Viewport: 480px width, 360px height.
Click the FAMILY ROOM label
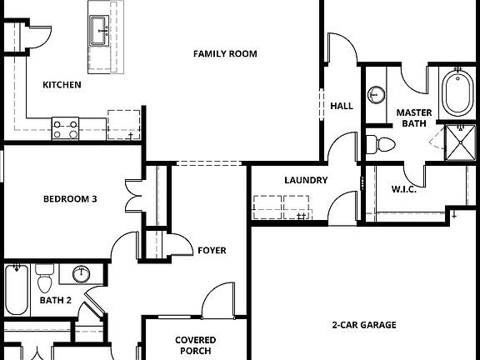[x=225, y=54]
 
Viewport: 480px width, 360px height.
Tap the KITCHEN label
[x=62, y=84]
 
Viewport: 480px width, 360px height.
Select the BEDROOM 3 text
[x=71, y=199]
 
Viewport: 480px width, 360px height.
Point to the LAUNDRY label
[x=305, y=180]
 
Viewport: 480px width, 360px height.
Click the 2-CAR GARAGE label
[x=363, y=325]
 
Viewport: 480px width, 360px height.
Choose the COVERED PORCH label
[x=196, y=345]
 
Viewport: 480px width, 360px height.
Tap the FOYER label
[x=212, y=250]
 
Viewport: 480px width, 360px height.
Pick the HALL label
[x=342, y=106]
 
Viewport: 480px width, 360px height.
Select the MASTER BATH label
[x=413, y=117]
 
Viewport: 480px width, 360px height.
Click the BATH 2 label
[x=55, y=300]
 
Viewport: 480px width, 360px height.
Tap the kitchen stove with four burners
[x=66, y=128]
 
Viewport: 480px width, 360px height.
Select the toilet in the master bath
[x=382, y=144]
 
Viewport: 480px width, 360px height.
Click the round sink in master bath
[x=377, y=93]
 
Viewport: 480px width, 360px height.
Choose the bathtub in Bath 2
[x=17, y=288]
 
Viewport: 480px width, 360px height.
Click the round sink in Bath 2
[x=82, y=273]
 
